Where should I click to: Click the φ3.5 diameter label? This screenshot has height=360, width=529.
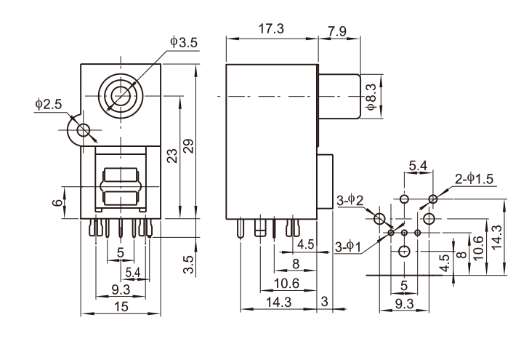click(183, 42)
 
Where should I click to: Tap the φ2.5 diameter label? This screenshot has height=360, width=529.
click(48, 105)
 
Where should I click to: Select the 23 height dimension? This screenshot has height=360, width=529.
click(172, 156)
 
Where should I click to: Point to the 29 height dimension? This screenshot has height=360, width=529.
click(189, 145)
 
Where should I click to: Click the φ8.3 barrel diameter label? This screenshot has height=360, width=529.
click(371, 97)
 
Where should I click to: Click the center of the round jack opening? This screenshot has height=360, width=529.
click(121, 95)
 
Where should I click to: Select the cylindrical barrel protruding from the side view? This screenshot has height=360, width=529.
click(339, 96)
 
